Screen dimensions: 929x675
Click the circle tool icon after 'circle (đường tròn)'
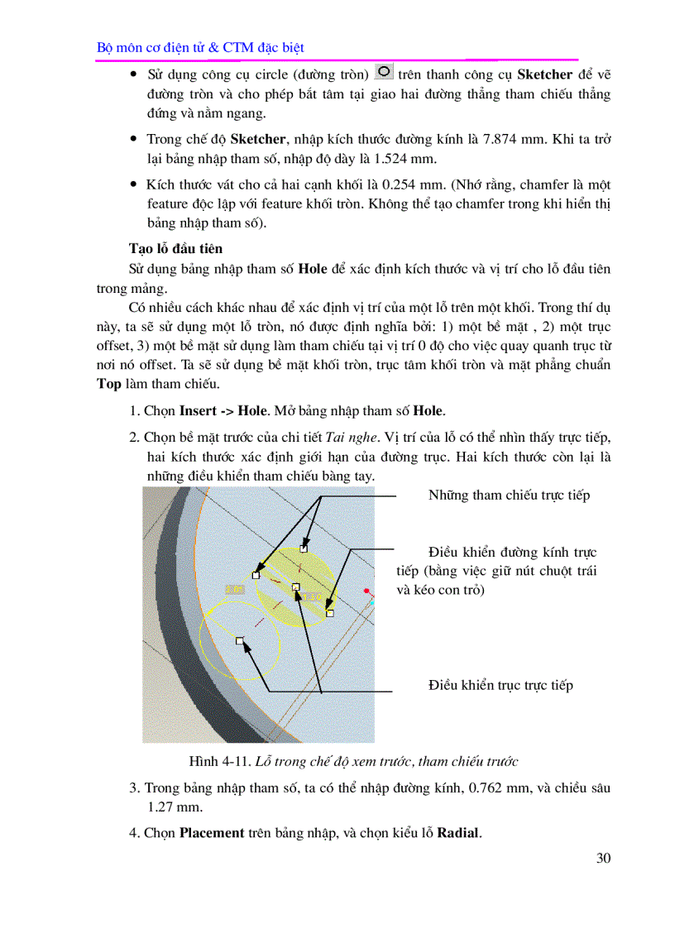pyautogui.click(x=384, y=73)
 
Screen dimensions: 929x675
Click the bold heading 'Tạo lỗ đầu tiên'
pyautogui.click(x=175, y=248)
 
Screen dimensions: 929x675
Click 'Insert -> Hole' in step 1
pyautogui.click(x=223, y=410)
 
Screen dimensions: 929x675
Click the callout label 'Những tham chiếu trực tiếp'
pyautogui.click(x=509, y=495)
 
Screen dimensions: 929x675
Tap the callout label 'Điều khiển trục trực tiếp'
pyautogui.click(x=500, y=685)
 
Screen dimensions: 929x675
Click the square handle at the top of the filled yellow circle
pyautogui.click(x=304, y=548)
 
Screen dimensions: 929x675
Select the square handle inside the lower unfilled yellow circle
pyautogui.click(x=240, y=640)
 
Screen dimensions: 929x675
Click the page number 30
pyautogui.click(x=603, y=858)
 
